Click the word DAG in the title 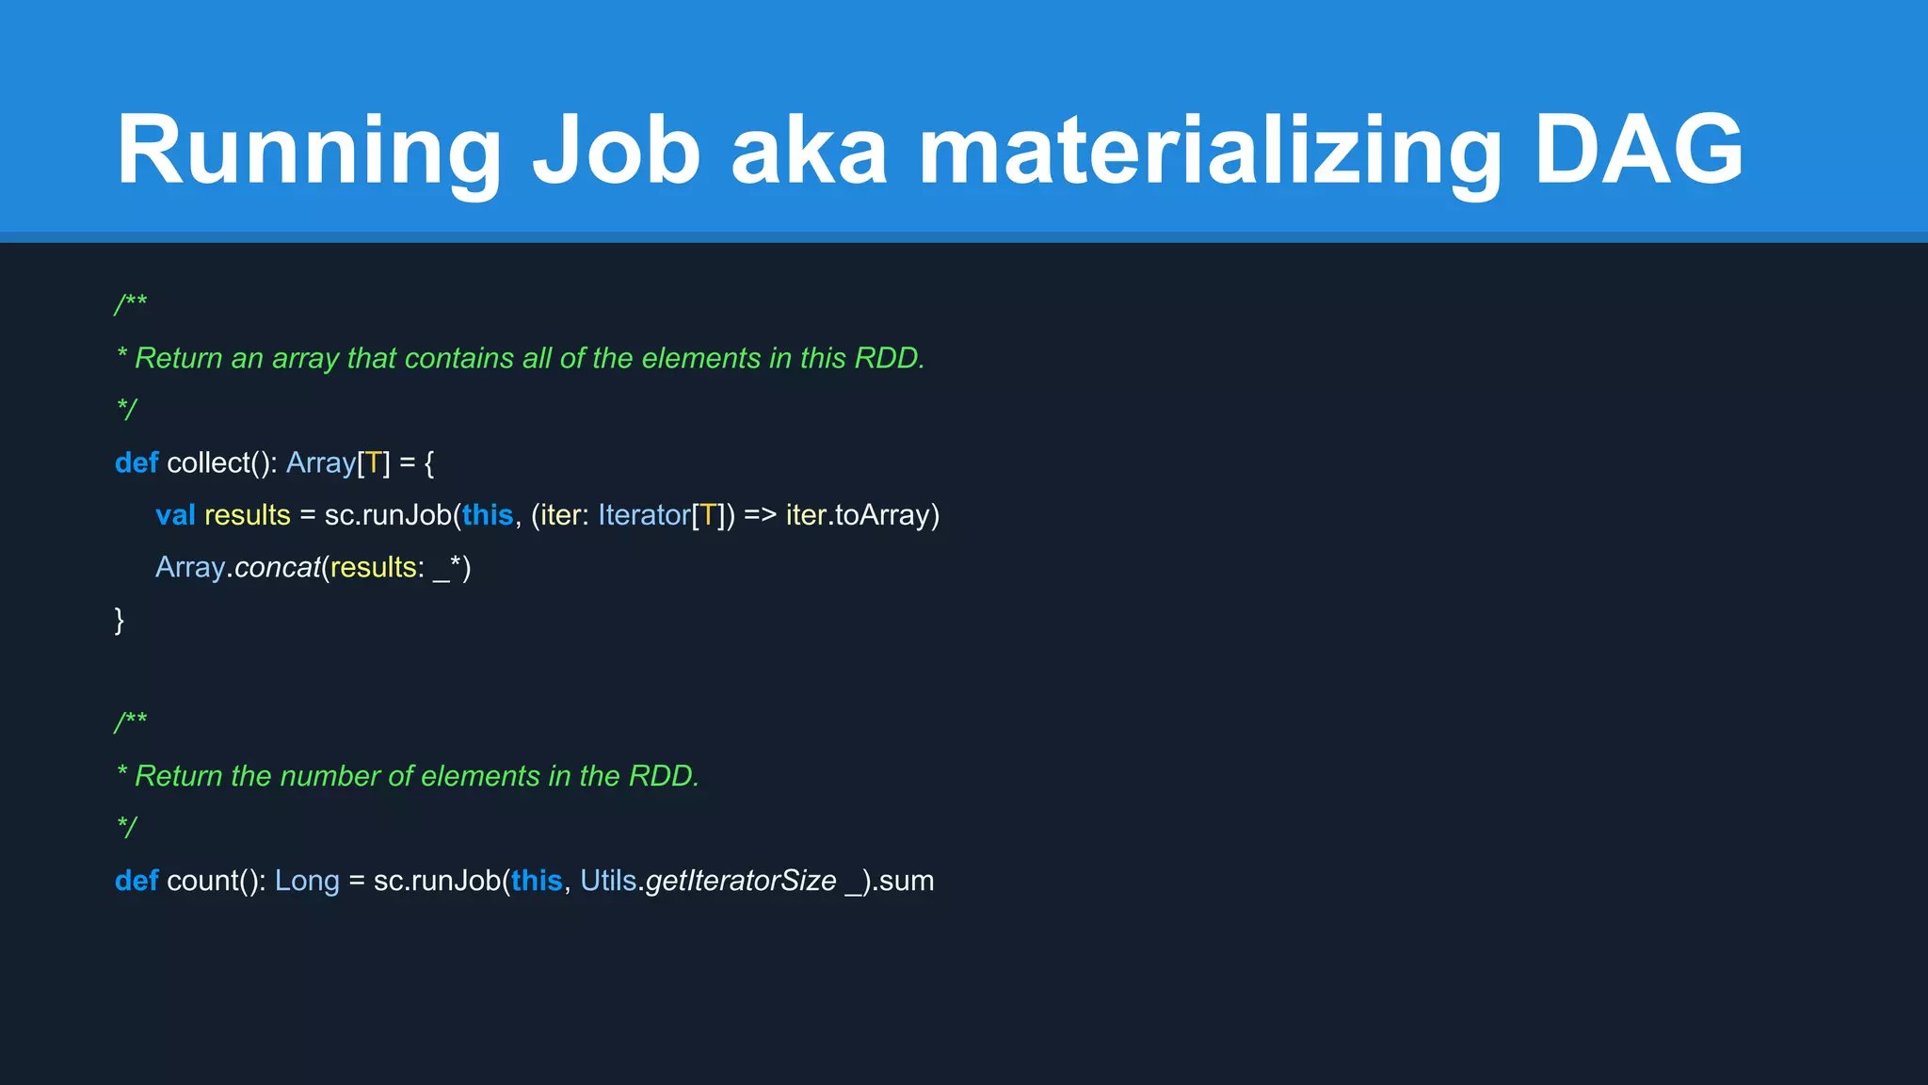(1639, 149)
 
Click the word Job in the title (617, 149)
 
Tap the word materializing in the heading (1210, 149)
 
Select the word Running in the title (309, 149)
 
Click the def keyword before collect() (137, 462)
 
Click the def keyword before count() (137, 881)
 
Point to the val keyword (175, 515)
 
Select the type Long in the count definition (307, 881)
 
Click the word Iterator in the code (644, 515)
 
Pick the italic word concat (278, 567)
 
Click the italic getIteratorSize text (741, 881)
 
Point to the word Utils (608, 881)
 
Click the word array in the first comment (305, 359)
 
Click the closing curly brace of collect (120, 620)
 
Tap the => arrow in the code (760, 515)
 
